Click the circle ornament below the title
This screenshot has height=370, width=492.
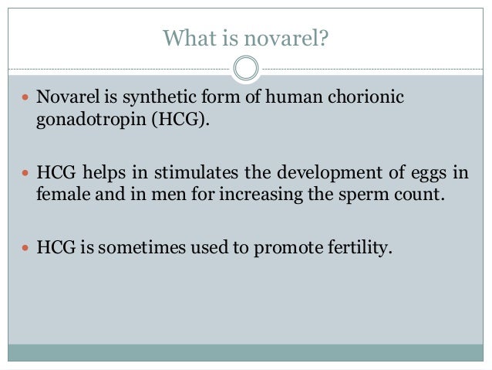click(246, 70)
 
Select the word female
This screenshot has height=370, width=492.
click(62, 192)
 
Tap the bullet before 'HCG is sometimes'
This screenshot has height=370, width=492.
click(25, 250)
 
